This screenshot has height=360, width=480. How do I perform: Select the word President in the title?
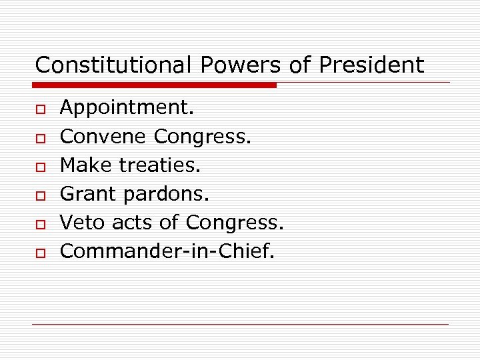371,65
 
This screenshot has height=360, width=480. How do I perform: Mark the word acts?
133,221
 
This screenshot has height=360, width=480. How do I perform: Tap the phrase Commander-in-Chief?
167,250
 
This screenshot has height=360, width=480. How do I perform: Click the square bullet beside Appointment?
40,108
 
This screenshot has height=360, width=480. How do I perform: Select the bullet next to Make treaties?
40,165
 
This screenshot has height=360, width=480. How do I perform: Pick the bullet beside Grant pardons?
40,194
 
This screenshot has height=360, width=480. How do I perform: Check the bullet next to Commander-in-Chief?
40,251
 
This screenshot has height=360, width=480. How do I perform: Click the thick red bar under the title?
155,85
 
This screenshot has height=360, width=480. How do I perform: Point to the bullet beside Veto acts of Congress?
40,223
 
